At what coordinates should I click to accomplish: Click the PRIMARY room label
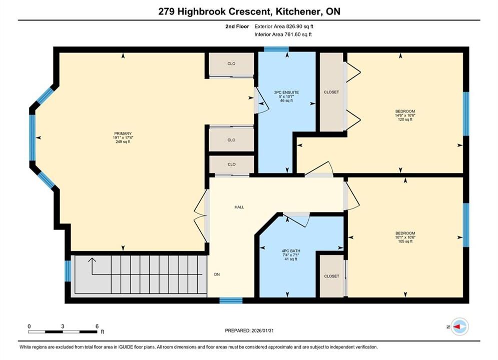[x=123, y=133]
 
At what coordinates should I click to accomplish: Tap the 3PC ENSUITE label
[x=286, y=92]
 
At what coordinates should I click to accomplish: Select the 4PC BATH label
[x=291, y=251]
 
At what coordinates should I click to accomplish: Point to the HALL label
[x=239, y=207]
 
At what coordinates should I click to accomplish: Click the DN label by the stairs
[x=217, y=274]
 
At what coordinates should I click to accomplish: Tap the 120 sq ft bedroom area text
[x=405, y=119]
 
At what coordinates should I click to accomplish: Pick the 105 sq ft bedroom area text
[x=405, y=241]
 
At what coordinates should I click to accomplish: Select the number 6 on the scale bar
[x=97, y=326]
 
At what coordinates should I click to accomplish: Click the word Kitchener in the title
[x=298, y=11]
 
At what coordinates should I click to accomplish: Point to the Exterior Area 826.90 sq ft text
[x=284, y=26]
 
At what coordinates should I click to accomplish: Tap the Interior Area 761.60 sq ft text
[x=283, y=34]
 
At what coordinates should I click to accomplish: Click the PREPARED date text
[x=249, y=330]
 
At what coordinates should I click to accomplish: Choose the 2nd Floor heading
[x=237, y=26]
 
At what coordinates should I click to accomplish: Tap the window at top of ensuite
[x=276, y=49]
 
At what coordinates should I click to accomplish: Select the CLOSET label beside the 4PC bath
[x=331, y=276]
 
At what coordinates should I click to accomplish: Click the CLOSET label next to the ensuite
[x=331, y=92]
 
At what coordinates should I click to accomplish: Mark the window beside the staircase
[x=68, y=271]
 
